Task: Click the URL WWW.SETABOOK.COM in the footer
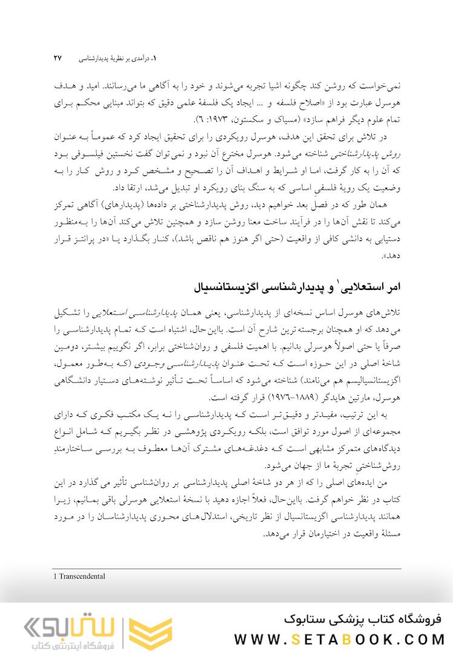[x=339, y=639]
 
